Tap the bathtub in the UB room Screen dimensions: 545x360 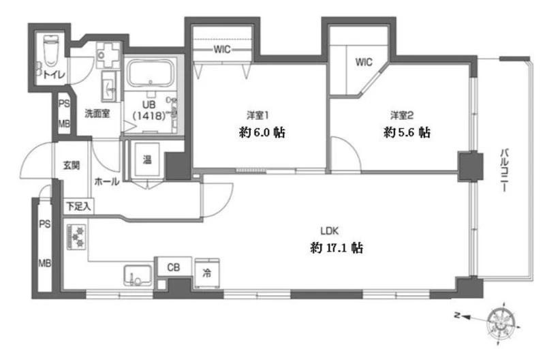(150, 74)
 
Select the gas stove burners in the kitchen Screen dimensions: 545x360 (76, 237)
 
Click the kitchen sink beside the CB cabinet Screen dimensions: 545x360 (138, 275)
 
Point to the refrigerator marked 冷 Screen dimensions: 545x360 (207, 273)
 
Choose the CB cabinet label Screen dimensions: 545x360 (174, 267)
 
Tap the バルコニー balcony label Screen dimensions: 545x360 (504, 170)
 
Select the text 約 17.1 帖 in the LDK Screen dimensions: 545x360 (337, 247)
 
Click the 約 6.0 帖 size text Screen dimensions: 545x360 (262, 132)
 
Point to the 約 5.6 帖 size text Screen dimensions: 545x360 (407, 132)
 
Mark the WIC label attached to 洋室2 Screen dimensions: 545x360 (364, 62)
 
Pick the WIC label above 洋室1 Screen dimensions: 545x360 (222, 49)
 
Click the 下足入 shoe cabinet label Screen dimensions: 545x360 (78, 207)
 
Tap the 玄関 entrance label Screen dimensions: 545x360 (72, 165)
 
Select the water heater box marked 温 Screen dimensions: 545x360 (147, 160)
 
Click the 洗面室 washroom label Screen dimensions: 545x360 (97, 113)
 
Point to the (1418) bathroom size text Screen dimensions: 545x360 (149, 115)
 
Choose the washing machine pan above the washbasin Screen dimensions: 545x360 (108, 55)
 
